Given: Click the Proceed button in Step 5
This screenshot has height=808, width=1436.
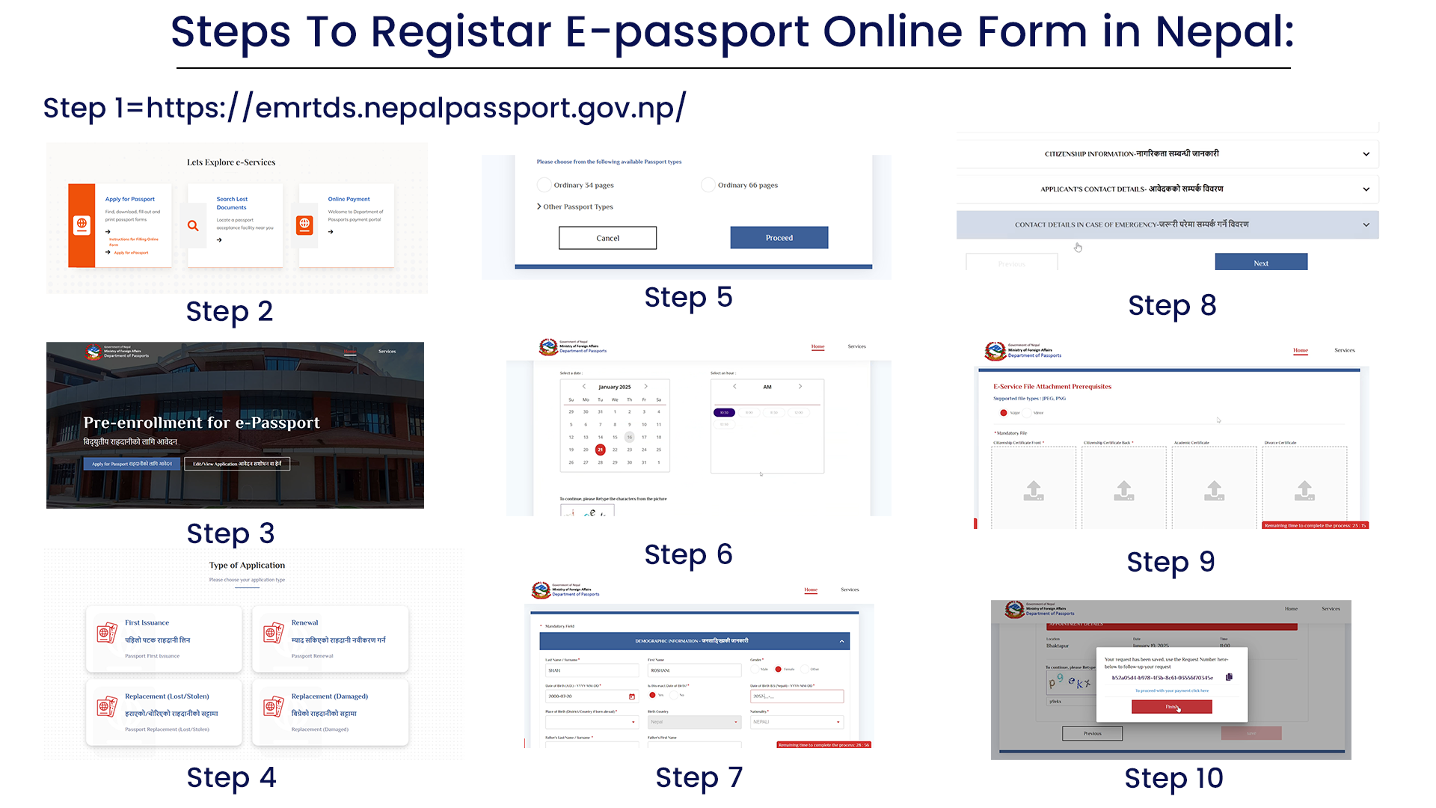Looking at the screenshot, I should (x=779, y=238).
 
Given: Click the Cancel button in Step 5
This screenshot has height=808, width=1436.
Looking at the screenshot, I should (x=607, y=238).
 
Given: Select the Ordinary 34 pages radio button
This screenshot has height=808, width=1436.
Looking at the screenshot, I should (x=544, y=185).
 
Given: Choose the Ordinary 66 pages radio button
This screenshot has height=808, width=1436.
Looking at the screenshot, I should (x=708, y=185).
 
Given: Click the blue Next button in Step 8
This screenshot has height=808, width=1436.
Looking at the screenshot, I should (x=1261, y=263).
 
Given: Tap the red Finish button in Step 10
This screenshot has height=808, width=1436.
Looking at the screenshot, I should (x=1171, y=707).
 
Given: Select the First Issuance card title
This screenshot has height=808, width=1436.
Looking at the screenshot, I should (x=147, y=622).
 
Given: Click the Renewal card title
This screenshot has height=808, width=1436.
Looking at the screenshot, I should (x=304, y=622).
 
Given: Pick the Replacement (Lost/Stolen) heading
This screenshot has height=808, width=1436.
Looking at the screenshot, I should (x=167, y=697).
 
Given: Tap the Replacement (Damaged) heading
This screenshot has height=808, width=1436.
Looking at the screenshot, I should (x=329, y=697).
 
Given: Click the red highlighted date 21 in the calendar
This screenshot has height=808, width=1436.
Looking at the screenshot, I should (x=600, y=450).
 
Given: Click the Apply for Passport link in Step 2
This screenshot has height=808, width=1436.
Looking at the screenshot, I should (x=130, y=199).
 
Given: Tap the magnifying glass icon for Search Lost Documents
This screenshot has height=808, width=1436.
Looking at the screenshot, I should (x=193, y=225).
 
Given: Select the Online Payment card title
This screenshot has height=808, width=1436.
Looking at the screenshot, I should (x=349, y=199).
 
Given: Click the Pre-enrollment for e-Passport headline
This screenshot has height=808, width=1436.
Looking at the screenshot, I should (x=201, y=423).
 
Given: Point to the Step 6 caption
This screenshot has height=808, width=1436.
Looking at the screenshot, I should (x=688, y=554).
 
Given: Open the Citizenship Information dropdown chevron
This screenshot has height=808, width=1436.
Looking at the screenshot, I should (x=1366, y=154).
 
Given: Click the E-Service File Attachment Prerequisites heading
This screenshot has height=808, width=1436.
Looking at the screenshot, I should (x=1052, y=387).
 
